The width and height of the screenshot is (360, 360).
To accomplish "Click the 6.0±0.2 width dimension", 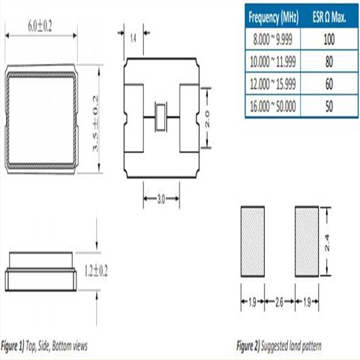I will (40, 25).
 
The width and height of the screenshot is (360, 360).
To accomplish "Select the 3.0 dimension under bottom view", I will (160, 201).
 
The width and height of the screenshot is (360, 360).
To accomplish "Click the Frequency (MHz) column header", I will (274, 16).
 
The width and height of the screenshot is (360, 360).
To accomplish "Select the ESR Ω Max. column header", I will (328, 16).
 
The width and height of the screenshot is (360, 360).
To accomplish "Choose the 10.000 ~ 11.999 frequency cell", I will (274, 61).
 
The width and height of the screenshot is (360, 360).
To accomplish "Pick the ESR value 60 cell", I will (328, 84).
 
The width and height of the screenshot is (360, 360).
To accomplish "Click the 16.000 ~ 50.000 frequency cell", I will (274, 106).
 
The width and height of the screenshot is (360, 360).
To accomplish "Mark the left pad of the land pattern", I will (253, 240).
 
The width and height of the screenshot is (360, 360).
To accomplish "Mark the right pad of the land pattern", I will (307, 240).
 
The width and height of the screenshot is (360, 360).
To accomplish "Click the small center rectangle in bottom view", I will (160, 117).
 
